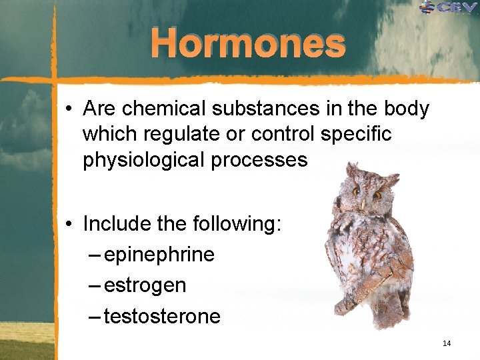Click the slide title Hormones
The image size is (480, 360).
(x=248, y=44)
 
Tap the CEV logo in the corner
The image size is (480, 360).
(x=449, y=7)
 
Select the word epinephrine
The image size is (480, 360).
(x=159, y=255)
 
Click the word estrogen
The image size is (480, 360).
(x=145, y=285)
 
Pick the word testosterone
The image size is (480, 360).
(x=162, y=316)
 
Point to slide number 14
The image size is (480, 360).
(x=446, y=343)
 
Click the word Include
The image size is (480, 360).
(x=117, y=224)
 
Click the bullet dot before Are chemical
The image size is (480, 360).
(x=69, y=109)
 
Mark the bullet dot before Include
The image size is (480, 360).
(x=69, y=225)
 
